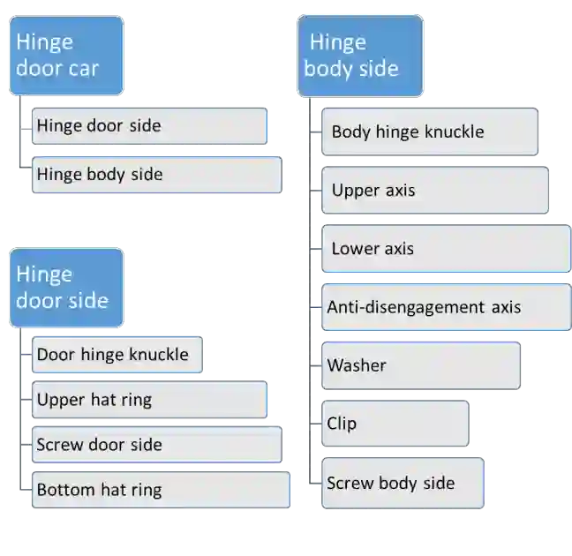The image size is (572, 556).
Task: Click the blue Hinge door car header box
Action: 66,55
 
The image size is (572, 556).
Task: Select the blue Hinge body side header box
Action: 359,55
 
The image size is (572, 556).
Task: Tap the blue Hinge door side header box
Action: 66,288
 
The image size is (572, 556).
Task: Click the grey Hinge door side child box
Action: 148,126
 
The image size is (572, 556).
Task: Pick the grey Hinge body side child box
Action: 155,175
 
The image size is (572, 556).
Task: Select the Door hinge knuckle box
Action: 117,355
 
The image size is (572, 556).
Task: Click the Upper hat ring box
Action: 148,400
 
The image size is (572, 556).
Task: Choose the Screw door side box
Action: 155,445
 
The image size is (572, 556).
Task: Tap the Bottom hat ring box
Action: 160,490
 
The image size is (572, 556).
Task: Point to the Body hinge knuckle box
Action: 429,131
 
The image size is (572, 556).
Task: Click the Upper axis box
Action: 433,190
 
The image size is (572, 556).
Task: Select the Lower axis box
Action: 445,248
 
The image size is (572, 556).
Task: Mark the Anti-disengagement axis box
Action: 445,307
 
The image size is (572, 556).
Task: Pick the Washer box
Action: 420,365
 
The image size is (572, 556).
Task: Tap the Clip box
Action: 395,424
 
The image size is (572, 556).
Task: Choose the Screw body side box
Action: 402,483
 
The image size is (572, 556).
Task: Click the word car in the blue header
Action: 80,67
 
